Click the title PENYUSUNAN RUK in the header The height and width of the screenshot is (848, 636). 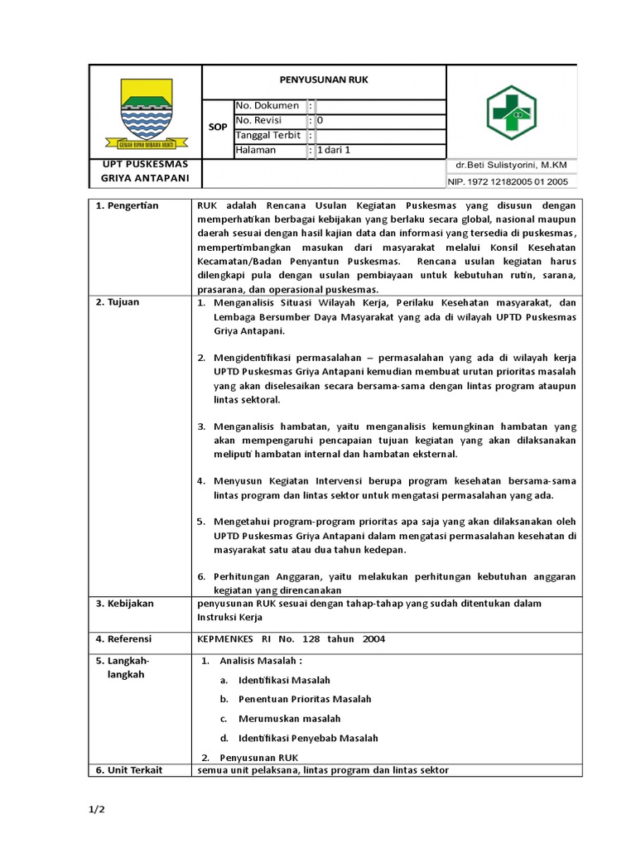(324, 80)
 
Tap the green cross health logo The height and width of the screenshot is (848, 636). (512, 111)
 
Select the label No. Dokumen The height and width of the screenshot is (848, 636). (267, 106)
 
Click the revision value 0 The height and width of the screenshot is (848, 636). (320, 121)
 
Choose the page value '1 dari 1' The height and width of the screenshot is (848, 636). (335, 151)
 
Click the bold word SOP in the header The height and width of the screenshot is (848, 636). (218, 128)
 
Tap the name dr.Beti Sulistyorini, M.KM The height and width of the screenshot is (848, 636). (511, 166)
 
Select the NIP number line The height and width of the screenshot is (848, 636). (508, 181)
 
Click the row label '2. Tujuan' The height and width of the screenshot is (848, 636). (118, 302)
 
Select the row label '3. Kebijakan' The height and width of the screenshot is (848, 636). (125, 604)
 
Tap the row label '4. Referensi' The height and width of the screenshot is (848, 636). (125, 638)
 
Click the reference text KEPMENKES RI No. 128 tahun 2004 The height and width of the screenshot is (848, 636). (291, 638)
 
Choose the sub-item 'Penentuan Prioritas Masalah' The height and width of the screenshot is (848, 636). (305, 699)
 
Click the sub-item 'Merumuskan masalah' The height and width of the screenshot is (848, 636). (289, 719)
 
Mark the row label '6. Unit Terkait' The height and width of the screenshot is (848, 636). (129, 770)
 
